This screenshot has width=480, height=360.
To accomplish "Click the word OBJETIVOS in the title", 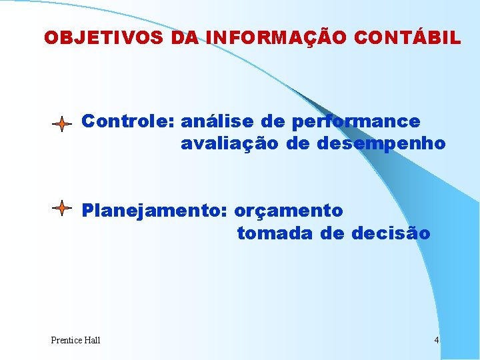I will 103,38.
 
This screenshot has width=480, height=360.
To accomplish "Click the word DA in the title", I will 185,38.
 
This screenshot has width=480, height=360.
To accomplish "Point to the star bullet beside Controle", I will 61,124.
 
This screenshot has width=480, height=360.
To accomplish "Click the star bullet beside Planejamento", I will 61,209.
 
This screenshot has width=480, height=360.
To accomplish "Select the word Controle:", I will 128,122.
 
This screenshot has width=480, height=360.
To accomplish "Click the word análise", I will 211,122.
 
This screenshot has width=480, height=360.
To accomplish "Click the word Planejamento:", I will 155,211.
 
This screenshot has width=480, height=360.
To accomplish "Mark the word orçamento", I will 288,211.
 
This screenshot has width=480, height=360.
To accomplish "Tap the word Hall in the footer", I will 92,341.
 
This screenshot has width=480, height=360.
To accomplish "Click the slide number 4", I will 436,341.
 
